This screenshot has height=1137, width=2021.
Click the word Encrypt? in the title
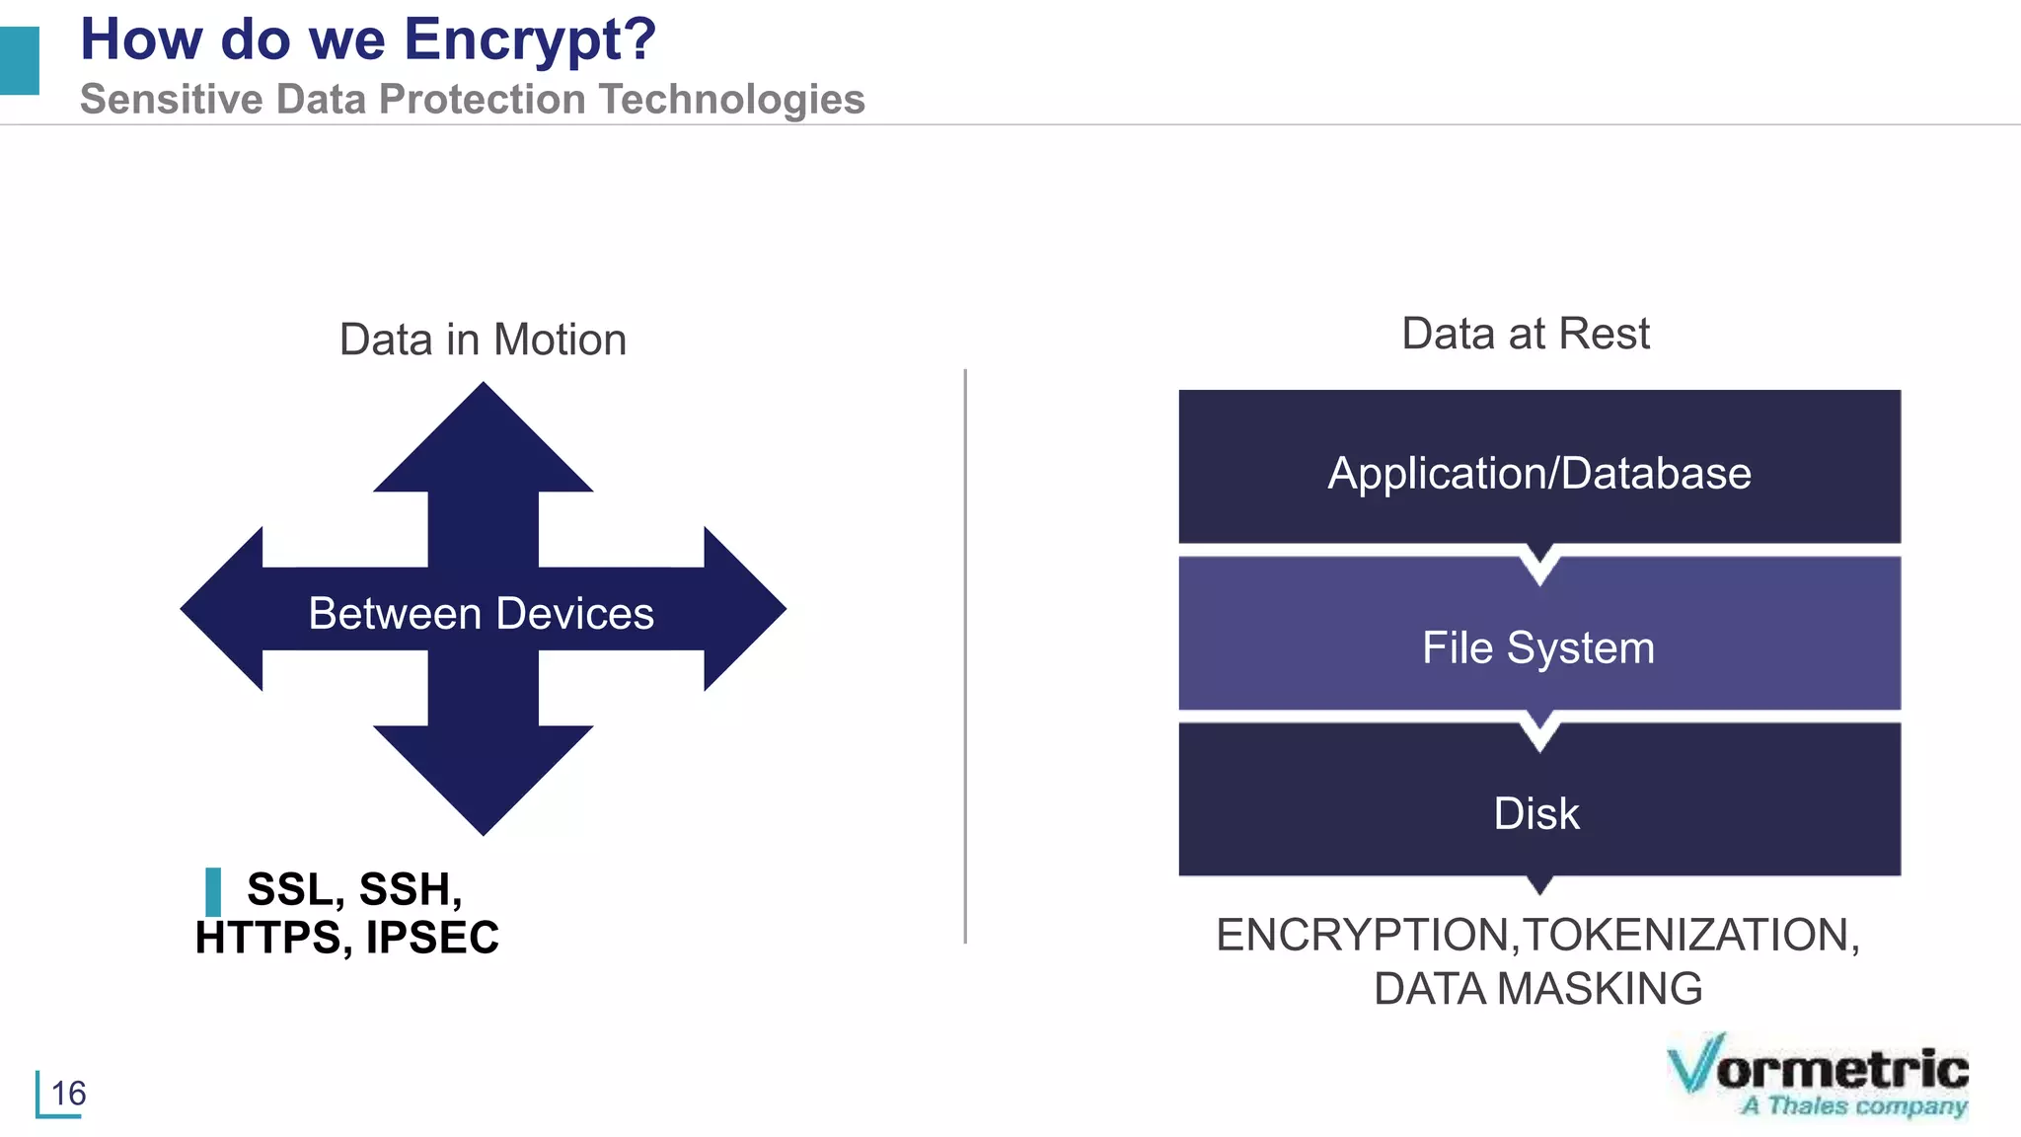[530, 40]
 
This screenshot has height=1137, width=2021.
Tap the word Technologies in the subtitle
[731, 100]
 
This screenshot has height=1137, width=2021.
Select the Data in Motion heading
[483, 340]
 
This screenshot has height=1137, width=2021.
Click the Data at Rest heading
[1525, 334]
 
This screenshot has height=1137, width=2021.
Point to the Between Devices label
[481, 614]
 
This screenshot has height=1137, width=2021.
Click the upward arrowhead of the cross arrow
[483, 444]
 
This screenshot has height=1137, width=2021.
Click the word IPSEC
[432, 938]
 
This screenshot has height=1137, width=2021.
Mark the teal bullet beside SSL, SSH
[213, 892]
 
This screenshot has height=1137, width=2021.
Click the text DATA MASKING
[1537, 989]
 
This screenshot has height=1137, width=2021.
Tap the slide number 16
[68, 1094]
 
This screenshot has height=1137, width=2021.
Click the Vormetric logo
[1818, 1076]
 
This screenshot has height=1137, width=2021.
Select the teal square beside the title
[19, 61]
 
